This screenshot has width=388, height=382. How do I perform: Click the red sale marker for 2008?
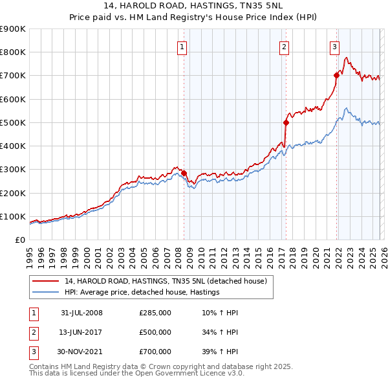tap(184, 173)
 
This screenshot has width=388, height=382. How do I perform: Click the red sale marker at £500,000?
tap(285, 122)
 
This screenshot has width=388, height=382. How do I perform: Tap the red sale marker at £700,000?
tap(336, 75)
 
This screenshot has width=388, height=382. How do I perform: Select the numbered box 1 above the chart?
tap(182, 46)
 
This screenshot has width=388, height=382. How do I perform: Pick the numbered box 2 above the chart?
tap(284, 46)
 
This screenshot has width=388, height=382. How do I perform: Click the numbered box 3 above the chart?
tap(334, 46)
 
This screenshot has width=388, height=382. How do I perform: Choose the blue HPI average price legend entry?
tap(142, 292)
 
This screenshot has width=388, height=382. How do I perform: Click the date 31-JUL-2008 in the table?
tap(81, 313)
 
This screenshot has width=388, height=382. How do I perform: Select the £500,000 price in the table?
tap(155, 332)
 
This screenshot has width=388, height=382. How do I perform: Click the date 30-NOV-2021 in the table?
tap(82, 352)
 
